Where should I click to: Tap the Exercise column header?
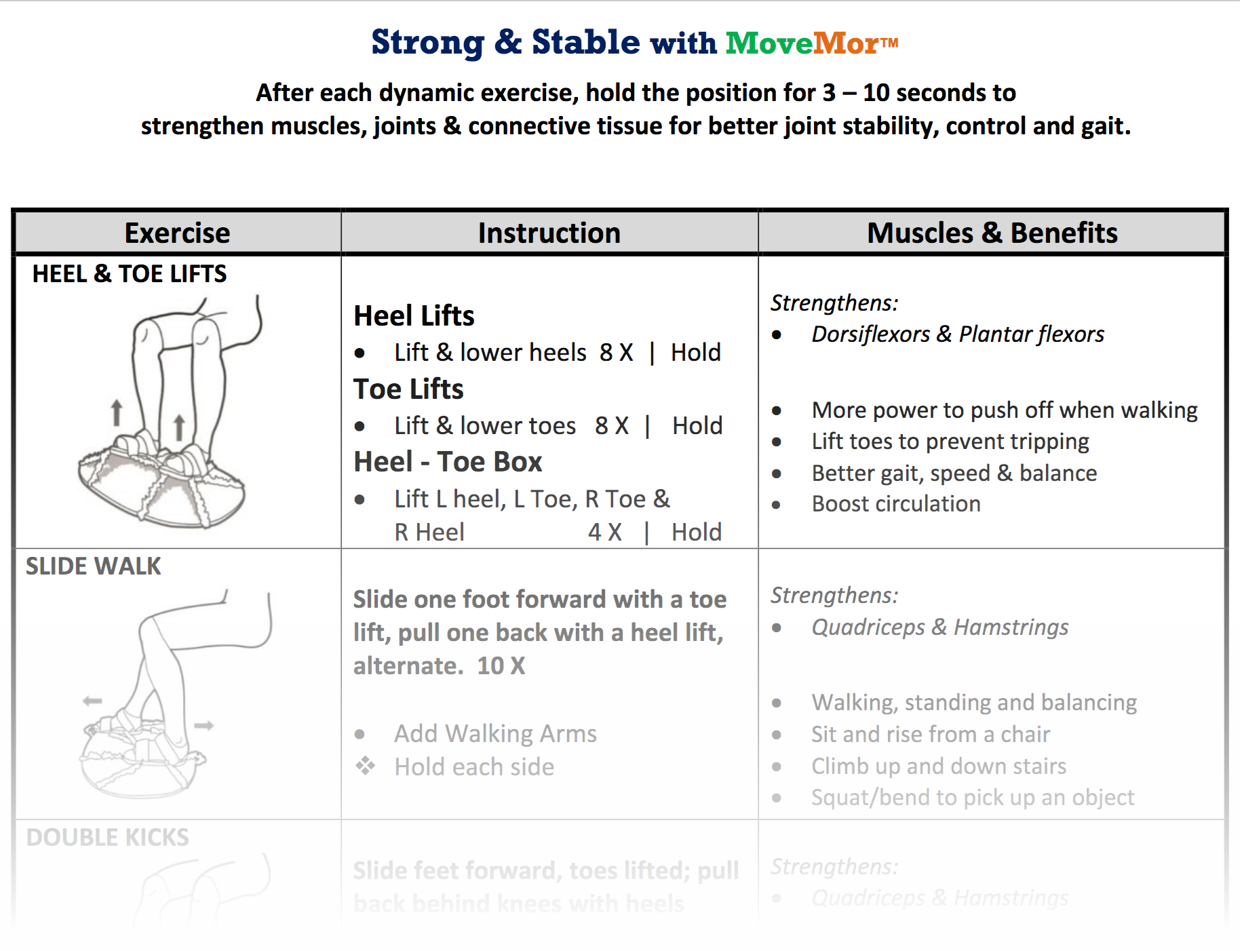[177, 233]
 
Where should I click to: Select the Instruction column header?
[549, 233]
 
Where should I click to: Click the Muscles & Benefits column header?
[992, 233]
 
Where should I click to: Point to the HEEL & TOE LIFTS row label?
[129, 273]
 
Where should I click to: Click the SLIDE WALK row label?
[93, 566]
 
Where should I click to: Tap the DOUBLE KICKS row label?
[107, 837]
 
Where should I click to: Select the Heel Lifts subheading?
[414, 315]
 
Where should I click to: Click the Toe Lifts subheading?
[408, 389]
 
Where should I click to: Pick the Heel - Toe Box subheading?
[448, 461]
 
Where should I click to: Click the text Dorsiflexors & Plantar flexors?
[957, 334]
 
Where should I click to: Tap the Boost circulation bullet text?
[895, 503]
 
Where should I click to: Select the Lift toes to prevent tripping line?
[950, 441]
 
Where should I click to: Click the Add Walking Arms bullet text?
[495, 733]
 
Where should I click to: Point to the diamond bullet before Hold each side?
[366, 766]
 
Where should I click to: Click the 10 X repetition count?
[501, 665]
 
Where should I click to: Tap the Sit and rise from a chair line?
[930, 734]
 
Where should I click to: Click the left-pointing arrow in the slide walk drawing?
[92, 700]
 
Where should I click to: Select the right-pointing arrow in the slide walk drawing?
[204, 725]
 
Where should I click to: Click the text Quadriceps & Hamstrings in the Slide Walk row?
[939, 627]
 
